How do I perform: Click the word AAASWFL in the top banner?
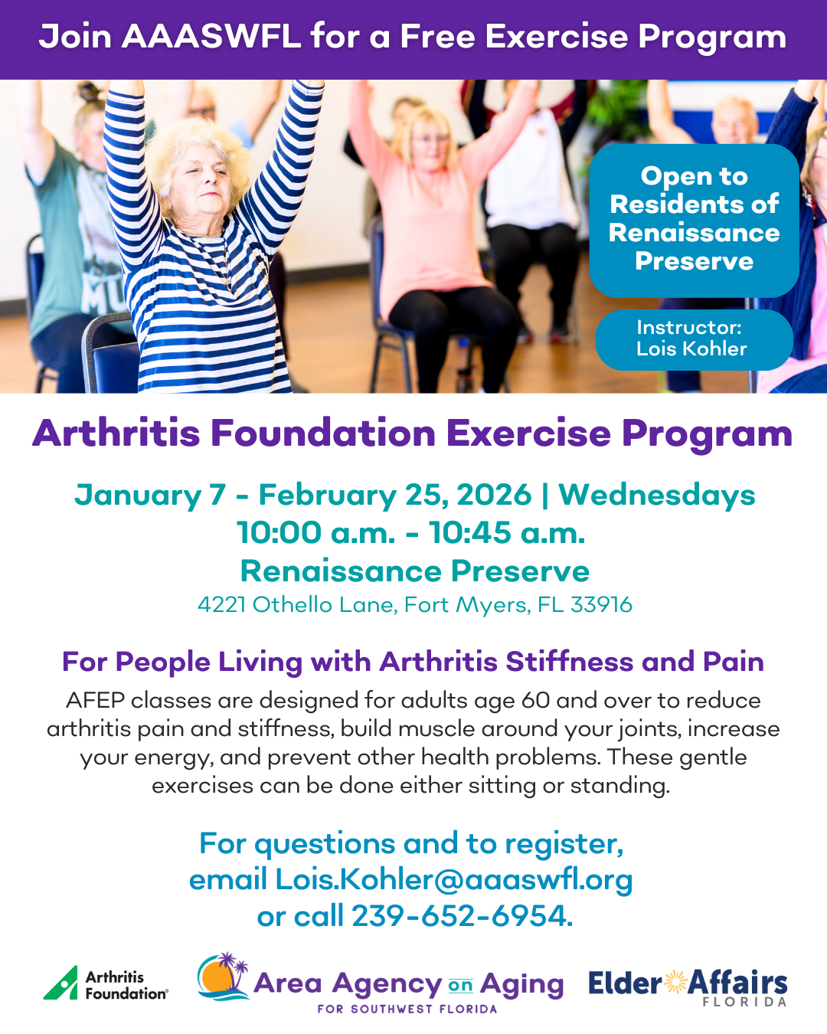[x=211, y=37]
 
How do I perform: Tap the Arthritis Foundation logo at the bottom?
[x=106, y=983]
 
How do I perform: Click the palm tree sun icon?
[x=224, y=976]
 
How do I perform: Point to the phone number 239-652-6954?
[x=459, y=916]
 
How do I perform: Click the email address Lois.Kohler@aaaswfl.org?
[x=453, y=879]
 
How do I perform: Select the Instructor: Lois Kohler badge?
[x=694, y=339]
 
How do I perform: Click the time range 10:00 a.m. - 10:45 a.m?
[x=411, y=533]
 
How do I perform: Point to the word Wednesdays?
[x=656, y=496]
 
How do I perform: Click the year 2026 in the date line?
[x=494, y=495]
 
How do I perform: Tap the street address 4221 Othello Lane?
[x=297, y=605]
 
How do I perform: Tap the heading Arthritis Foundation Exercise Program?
[x=412, y=434]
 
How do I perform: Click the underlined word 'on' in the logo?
[x=461, y=985]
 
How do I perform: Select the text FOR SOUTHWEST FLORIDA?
[x=407, y=1009]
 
